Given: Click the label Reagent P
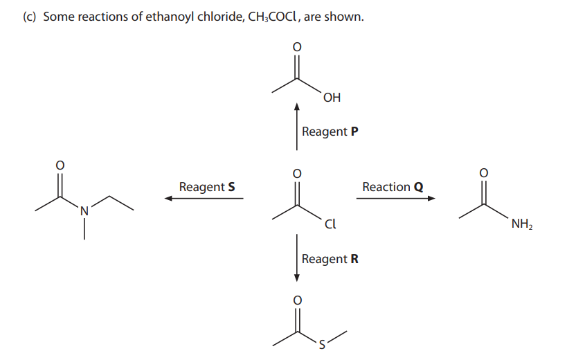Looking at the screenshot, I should point(330,132).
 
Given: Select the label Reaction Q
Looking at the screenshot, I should point(393,187).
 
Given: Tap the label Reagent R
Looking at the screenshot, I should point(330,259).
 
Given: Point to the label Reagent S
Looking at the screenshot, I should point(206,187).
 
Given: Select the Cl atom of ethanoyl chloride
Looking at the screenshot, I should point(330,224).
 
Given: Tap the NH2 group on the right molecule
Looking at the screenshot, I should point(521,224).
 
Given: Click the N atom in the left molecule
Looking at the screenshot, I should point(84,210).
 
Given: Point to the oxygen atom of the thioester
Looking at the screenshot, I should point(297,300).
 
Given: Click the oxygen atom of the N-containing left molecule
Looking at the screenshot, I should point(60,165).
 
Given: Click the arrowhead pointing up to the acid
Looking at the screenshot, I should point(297,107).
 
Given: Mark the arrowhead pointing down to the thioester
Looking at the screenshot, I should point(297,278).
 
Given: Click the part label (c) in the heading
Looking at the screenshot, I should point(30,17).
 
